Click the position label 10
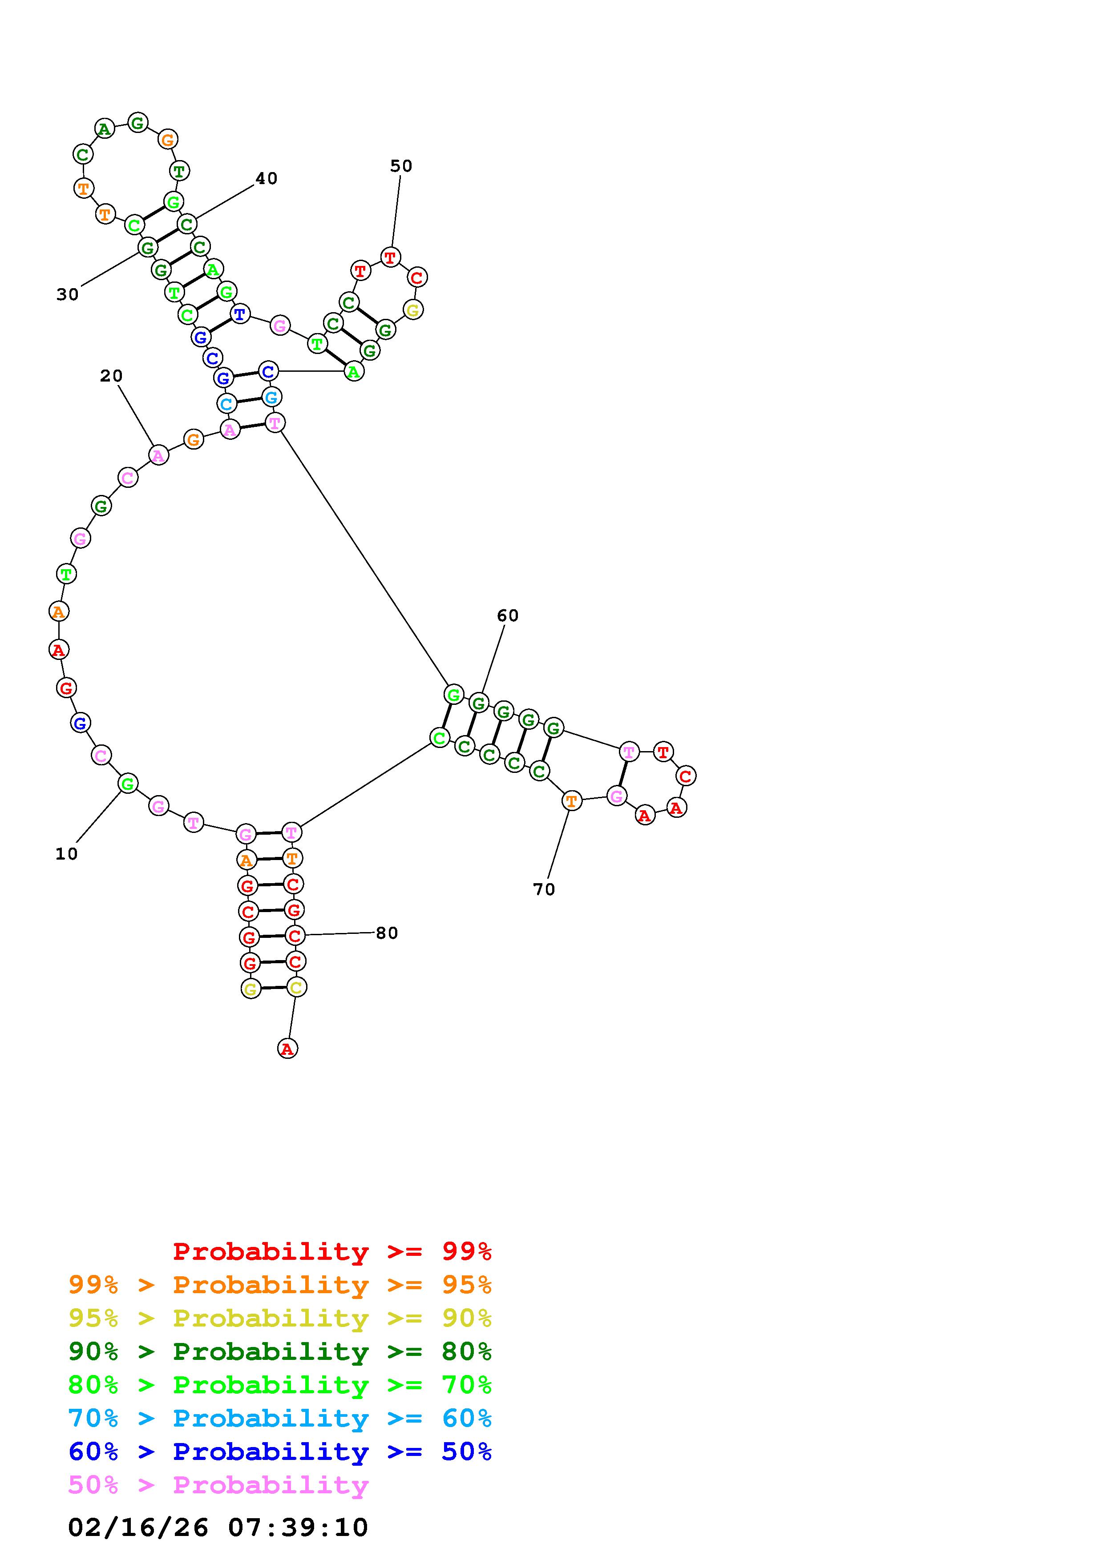pyautogui.click(x=67, y=854)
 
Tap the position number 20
pyautogui.click(x=111, y=376)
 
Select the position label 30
pyautogui.click(x=67, y=295)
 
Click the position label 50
pyautogui.click(x=401, y=166)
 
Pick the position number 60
pyautogui.click(x=508, y=615)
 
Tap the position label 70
pyautogui.click(x=544, y=889)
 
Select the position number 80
pyautogui.click(x=387, y=933)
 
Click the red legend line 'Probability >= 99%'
pyautogui.click(x=332, y=1251)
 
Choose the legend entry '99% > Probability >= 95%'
pyautogui.click(x=280, y=1285)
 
